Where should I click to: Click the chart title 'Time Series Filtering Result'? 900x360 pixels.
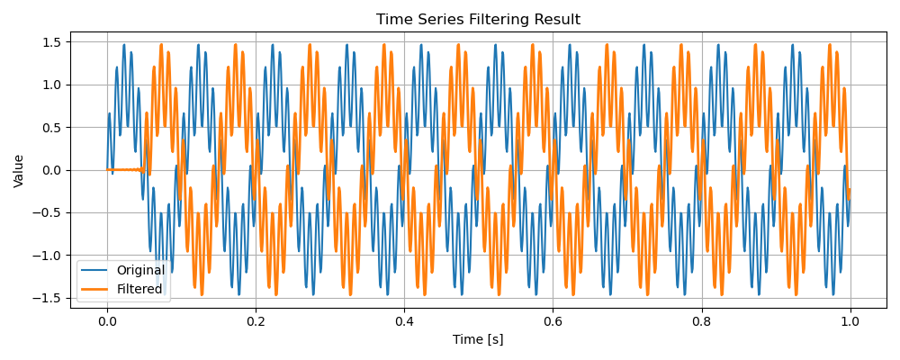pyautogui.click(x=478, y=20)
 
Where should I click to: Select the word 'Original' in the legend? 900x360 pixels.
pyautogui.click(x=140, y=270)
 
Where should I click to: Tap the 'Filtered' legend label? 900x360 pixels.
pyautogui.click(x=139, y=289)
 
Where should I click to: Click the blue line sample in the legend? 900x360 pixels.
pyautogui.click(x=96, y=270)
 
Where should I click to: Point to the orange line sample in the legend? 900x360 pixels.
pyautogui.click(x=96, y=289)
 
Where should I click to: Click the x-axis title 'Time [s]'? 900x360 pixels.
pyautogui.click(x=478, y=339)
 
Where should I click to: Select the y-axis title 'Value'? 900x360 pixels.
pyautogui.click(x=19, y=170)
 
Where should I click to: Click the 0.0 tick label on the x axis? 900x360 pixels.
pyautogui.click(x=107, y=321)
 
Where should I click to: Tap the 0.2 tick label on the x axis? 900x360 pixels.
pyautogui.click(x=256, y=321)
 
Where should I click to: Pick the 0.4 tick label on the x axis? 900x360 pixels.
pyautogui.click(x=404, y=321)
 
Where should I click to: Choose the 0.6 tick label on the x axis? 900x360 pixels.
pyautogui.click(x=553, y=321)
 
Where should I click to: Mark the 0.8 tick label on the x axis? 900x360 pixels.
pyautogui.click(x=701, y=321)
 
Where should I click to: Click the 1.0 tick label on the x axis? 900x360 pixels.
pyautogui.click(x=850, y=321)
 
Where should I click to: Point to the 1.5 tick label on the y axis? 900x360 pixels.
pyautogui.click(x=52, y=42)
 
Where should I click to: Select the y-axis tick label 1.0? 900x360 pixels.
pyautogui.click(x=52, y=85)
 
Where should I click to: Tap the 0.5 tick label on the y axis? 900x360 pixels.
pyautogui.click(x=52, y=128)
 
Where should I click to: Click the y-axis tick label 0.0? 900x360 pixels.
pyautogui.click(x=52, y=170)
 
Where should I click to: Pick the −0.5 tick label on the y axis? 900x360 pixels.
pyautogui.click(x=48, y=213)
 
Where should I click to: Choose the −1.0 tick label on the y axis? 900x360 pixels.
pyautogui.click(x=48, y=256)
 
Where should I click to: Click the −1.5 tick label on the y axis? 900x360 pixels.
pyautogui.click(x=48, y=298)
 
